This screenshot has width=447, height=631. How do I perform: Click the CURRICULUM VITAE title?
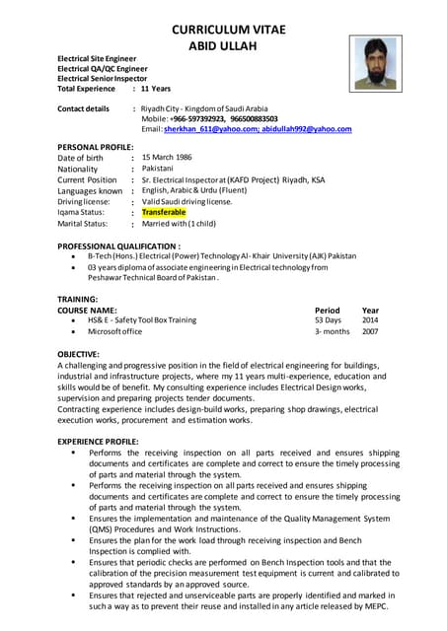(x=228, y=29)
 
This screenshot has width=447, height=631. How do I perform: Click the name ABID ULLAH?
(x=228, y=45)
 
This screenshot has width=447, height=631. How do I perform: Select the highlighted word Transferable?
(x=164, y=212)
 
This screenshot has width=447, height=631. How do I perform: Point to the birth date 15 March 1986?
(x=167, y=158)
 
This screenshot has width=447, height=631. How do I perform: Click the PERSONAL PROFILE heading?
(x=95, y=147)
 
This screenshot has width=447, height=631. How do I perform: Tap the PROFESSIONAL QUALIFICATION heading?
(x=118, y=245)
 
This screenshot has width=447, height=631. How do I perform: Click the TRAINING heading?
(x=77, y=298)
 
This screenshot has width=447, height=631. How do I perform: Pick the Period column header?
(x=327, y=310)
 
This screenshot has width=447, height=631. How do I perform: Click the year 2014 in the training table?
(x=370, y=320)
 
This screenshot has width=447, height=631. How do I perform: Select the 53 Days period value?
(x=328, y=320)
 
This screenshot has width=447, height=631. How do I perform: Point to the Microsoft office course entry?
(x=114, y=332)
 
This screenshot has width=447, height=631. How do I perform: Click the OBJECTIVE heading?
(x=78, y=353)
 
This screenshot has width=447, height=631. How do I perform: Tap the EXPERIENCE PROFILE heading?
(x=98, y=441)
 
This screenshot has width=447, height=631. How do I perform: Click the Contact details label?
(x=84, y=108)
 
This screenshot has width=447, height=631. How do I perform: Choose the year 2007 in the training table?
(x=370, y=332)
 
